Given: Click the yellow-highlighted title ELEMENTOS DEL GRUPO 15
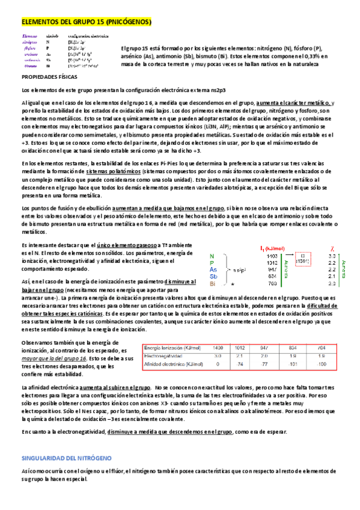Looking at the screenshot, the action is pos(86,22).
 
